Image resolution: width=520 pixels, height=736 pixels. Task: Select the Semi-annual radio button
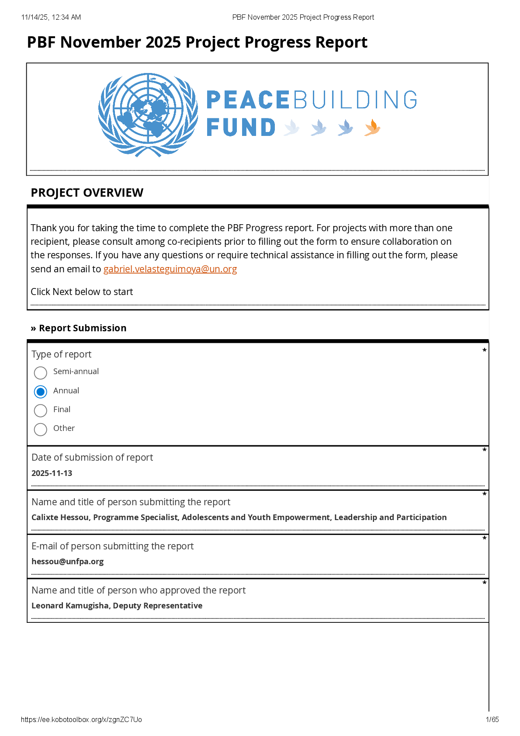click(41, 373)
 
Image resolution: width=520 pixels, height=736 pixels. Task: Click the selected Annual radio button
click(41, 392)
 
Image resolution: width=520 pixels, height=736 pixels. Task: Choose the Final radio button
click(41, 410)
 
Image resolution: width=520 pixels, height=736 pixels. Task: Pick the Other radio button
click(41, 429)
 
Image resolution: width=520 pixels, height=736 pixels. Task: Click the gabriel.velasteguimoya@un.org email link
click(170, 269)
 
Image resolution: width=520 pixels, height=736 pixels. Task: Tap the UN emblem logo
click(148, 115)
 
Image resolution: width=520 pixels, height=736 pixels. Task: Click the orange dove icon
click(372, 128)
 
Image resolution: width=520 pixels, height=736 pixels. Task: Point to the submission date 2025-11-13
click(52, 473)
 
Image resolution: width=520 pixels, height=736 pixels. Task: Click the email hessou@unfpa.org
click(67, 561)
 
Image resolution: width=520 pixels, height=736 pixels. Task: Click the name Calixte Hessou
click(60, 517)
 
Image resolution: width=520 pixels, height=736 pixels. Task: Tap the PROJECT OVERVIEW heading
click(87, 193)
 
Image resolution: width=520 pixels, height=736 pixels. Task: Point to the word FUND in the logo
click(241, 128)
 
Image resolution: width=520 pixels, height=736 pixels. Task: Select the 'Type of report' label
click(61, 354)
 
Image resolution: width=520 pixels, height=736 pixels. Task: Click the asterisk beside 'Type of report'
click(484, 351)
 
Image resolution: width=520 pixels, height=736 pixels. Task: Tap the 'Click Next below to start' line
click(82, 292)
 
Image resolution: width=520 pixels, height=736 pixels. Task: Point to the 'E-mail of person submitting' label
click(112, 546)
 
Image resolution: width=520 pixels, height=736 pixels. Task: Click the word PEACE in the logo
click(247, 100)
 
